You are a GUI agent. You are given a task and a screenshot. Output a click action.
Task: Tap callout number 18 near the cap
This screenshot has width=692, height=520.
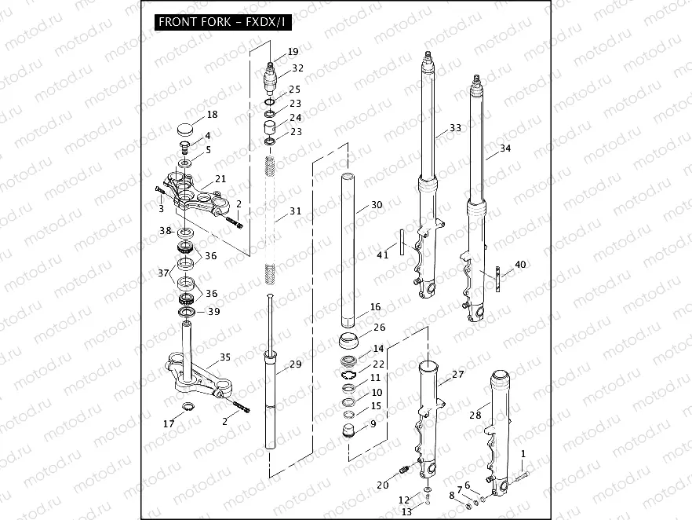(212, 115)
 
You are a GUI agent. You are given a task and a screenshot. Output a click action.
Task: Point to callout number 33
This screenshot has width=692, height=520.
(455, 127)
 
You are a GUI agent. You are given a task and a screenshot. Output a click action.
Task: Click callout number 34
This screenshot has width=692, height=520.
(504, 148)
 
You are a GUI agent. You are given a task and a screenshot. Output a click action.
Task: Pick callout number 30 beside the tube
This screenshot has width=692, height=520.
(377, 205)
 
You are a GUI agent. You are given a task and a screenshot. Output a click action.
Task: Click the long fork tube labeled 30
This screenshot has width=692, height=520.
(349, 251)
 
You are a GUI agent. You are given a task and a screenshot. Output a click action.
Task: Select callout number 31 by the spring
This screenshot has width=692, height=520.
(295, 211)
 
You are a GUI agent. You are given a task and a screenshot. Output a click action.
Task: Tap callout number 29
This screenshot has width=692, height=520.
(295, 364)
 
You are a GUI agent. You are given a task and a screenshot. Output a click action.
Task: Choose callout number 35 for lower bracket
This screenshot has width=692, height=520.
(225, 357)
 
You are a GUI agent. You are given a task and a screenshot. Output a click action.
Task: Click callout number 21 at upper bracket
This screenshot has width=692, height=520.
(220, 179)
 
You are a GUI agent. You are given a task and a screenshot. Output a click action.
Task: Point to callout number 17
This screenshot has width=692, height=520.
(169, 424)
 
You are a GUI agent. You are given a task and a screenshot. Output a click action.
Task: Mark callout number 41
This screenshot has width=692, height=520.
(383, 255)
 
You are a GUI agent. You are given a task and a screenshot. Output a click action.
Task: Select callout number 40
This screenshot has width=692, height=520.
(521, 264)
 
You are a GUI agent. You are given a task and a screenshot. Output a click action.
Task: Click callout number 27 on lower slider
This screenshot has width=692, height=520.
(457, 375)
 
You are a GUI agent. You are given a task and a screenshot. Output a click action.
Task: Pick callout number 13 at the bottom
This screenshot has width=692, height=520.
(406, 511)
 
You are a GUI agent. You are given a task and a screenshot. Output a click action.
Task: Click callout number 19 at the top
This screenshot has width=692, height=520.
(293, 51)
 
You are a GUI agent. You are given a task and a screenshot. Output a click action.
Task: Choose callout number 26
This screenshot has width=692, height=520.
(379, 328)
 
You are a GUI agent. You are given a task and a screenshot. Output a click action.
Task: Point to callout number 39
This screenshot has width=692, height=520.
(213, 312)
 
